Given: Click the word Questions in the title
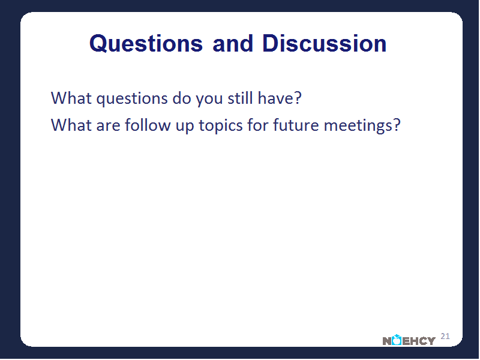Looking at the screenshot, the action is click(x=146, y=43).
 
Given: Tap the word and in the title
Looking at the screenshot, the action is click(x=233, y=43).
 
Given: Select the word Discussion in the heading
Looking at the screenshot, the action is click(x=324, y=43).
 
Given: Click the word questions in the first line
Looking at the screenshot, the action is click(x=132, y=98).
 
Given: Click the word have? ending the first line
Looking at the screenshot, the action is click(x=280, y=98).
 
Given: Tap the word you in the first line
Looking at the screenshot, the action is click(x=209, y=99).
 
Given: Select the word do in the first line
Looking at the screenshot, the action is click(x=182, y=98).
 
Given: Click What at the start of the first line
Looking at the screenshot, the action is click(x=71, y=98).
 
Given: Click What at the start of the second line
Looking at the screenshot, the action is click(x=71, y=125).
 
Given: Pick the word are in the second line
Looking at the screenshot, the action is click(x=108, y=126).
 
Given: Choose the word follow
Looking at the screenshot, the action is click(x=148, y=125).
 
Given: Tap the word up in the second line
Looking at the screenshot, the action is click(x=185, y=127).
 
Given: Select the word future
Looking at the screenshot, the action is click(x=296, y=125).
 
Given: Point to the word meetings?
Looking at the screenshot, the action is click(x=362, y=126).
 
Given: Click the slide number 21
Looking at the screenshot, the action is click(x=445, y=336).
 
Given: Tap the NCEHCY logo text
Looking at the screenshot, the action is click(x=409, y=340).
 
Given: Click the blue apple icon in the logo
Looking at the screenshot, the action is click(x=397, y=340).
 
